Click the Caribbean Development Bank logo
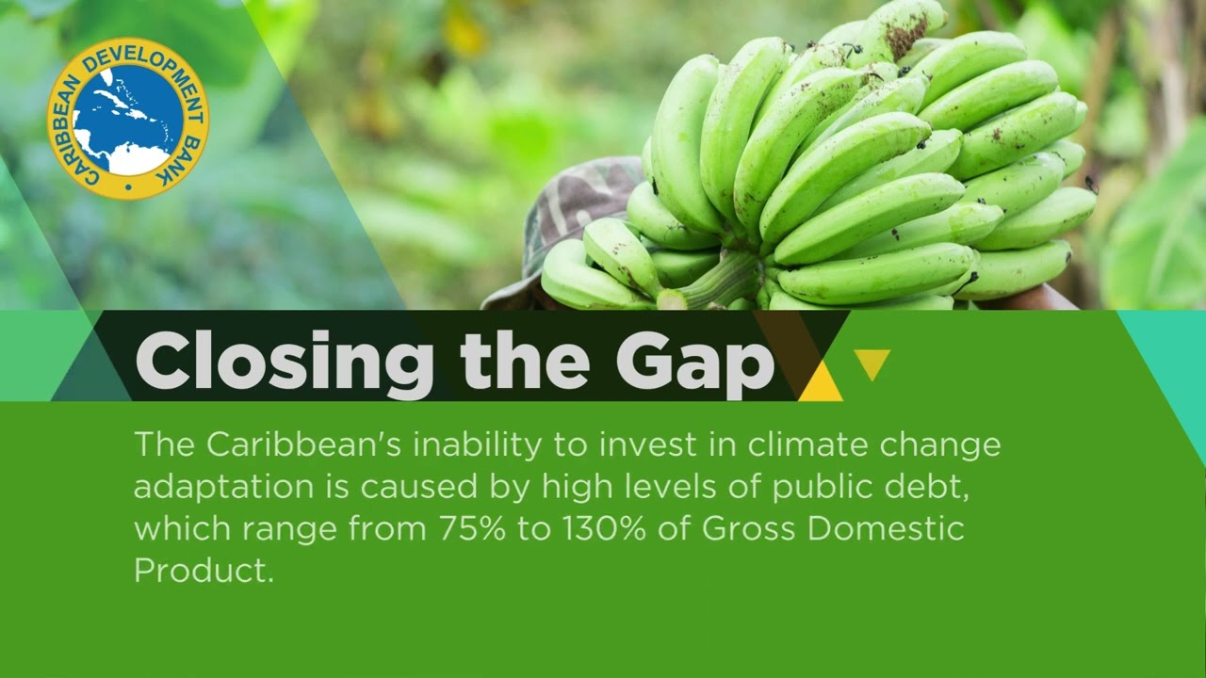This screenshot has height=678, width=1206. point(128,119)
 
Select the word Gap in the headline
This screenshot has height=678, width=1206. point(695,364)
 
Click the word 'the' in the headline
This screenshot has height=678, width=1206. point(525,360)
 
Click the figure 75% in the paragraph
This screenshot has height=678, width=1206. point(472,529)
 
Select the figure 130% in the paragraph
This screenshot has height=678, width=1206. point(604,529)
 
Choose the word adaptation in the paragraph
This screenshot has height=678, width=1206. point(224,488)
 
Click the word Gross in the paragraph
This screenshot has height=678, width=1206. point(748,529)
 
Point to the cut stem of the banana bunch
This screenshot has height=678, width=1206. point(670,299)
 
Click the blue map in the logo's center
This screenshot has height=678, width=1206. point(128,119)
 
